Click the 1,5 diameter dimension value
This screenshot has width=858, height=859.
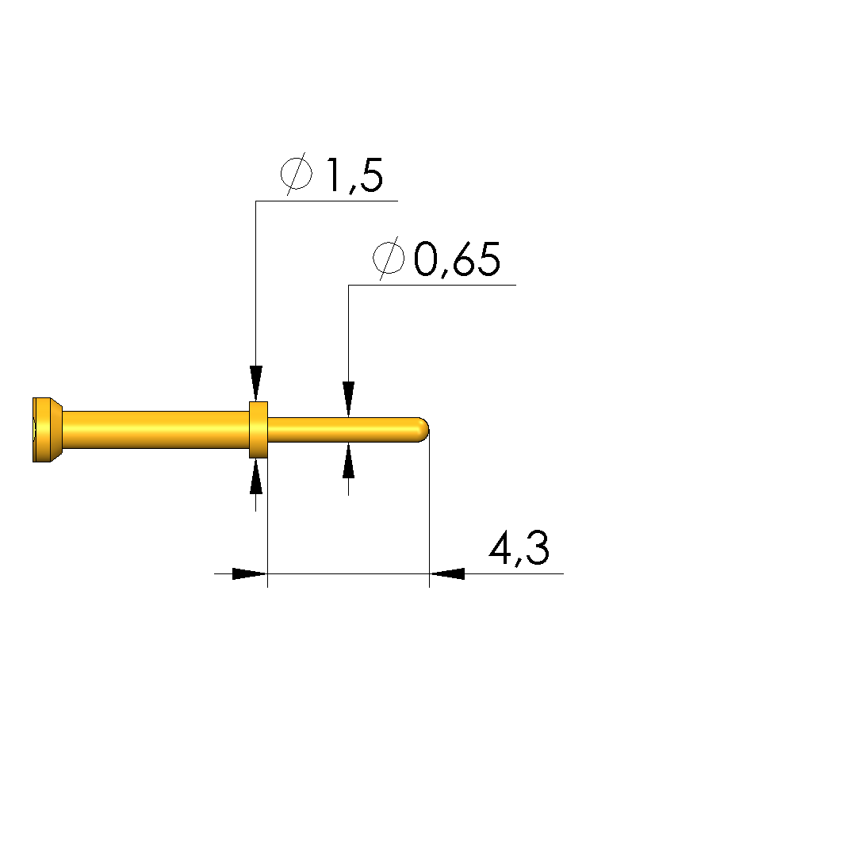coord(354,175)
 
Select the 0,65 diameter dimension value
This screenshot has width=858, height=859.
coord(457,259)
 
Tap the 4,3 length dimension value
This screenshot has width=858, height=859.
coord(519,548)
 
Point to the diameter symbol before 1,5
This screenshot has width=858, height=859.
coord(297,174)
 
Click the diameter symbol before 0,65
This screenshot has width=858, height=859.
coord(389,258)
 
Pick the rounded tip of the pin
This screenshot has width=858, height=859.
coord(423,430)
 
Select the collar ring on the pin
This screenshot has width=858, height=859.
coord(259,430)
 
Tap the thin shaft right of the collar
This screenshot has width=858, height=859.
coord(343,430)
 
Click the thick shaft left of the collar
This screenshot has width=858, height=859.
coord(156,430)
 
